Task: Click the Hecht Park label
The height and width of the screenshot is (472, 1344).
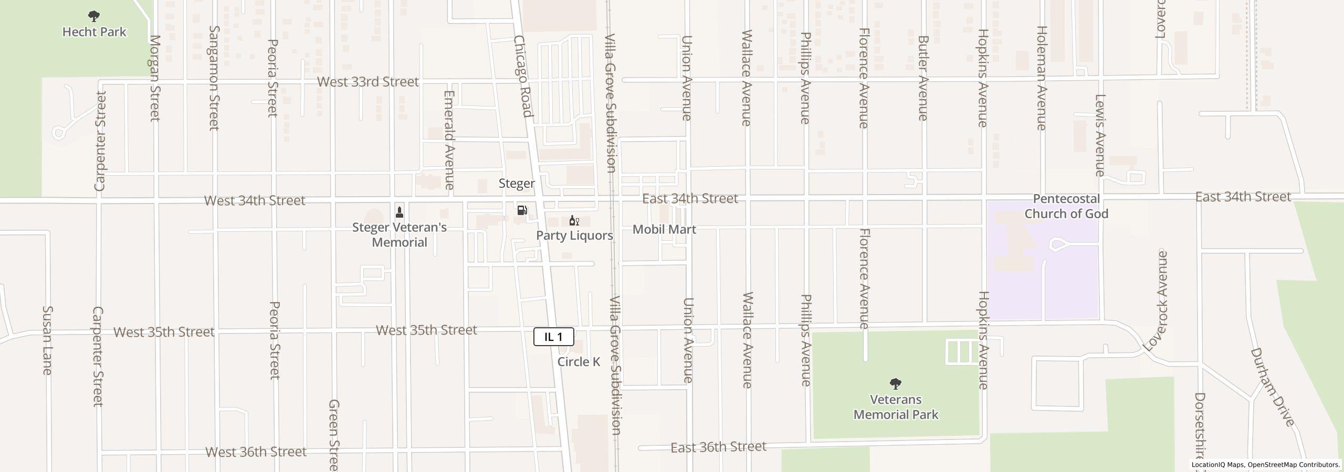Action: (x=94, y=32)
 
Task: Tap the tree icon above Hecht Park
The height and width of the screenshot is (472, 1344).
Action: (x=94, y=16)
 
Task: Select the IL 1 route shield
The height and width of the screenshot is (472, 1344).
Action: (x=553, y=337)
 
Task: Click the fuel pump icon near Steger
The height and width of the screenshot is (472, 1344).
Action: (x=522, y=210)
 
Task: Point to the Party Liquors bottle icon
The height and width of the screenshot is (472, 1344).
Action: (x=574, y=220)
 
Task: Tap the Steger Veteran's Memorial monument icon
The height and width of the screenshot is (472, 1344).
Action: (x=400, y=212)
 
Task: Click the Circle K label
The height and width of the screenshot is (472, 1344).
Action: (x=579, y=362)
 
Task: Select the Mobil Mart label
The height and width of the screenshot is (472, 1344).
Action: (x=664, y=229)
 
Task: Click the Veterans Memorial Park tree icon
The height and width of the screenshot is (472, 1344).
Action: (x=896, y=384)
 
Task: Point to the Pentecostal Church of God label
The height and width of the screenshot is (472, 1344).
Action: (x=1066, y=206)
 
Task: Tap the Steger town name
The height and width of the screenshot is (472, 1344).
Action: (x=517, y=184)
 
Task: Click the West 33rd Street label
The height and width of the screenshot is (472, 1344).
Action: (x=368, y=82)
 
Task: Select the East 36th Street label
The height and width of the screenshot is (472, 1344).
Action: (x=718, y=447)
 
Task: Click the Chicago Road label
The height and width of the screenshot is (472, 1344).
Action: (x=523, y=76)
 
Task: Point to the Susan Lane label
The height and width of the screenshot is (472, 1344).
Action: (x=47, y=340)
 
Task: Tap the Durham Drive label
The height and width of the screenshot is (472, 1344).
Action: (x=1272, y=387)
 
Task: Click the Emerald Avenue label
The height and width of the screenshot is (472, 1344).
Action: (x=449, y=140)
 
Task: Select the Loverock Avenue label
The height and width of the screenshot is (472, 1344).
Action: (x=1155, y=301)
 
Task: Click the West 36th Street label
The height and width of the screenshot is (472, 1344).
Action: (x=256, y=452)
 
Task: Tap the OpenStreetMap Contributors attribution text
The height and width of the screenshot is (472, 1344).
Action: (x=1294, y=465)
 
